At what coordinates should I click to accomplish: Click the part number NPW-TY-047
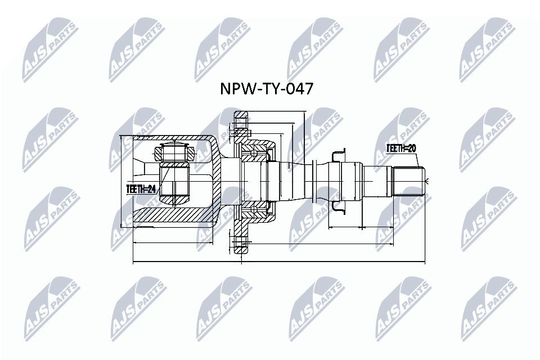coord(267,89)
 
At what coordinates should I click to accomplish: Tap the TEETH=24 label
coord(141,189)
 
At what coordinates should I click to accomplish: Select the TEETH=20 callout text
coord(401,148)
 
